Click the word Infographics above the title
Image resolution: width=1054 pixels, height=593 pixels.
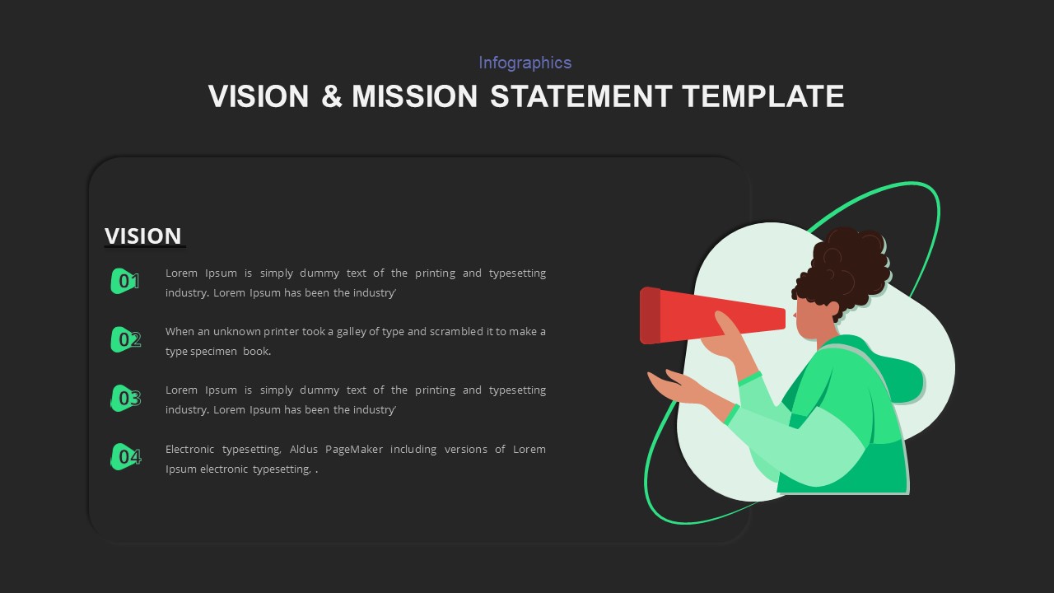(x=525, y=63)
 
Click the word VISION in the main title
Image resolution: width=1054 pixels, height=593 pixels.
(x=258, y=96)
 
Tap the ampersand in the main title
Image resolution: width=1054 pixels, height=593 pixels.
(x=330, y=96)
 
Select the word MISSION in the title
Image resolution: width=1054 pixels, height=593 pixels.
(x=414, y=96)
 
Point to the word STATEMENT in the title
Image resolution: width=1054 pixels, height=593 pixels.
(x=581, y=96)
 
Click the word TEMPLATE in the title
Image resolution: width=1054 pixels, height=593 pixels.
(x=763, y=96)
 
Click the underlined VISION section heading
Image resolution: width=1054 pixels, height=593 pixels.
(x=142, y=236)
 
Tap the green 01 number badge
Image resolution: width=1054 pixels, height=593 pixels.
(x=125, y=281)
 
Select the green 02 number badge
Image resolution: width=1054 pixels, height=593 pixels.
(x=125, y=339)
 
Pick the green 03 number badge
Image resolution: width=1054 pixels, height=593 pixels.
(x=125, y=399)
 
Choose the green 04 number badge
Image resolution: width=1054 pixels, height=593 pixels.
(x=125, y=456)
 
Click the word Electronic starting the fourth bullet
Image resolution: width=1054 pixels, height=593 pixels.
(x=194, y=450)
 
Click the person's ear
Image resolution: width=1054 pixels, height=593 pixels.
(x=832, y=309)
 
